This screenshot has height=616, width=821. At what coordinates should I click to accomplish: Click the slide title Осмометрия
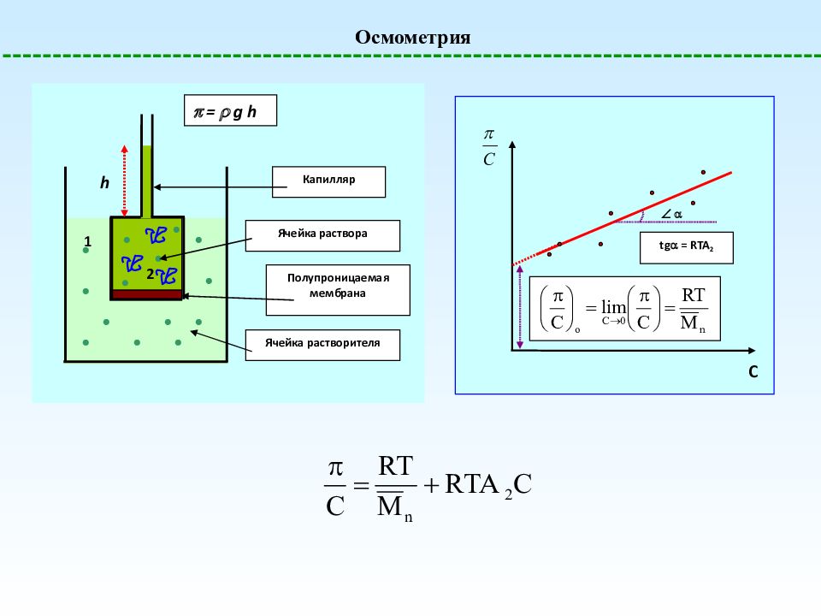[412, 37]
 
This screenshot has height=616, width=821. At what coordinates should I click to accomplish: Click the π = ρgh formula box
[230, 110]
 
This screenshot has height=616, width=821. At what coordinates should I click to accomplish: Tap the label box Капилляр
[328, 181]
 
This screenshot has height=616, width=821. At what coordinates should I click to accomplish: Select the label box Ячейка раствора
[322, 236]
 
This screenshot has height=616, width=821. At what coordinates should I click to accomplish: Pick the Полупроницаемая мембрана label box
[338, 290]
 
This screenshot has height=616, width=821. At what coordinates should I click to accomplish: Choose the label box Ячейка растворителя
[322, 345]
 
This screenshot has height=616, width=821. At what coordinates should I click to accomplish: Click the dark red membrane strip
[147, 294]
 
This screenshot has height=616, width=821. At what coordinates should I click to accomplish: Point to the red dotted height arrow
[125, 181]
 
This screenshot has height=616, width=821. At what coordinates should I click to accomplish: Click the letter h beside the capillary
[104, 182]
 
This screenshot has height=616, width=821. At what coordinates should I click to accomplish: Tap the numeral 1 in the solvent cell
[87, 241]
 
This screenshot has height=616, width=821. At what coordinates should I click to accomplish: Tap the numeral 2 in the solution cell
[150, 274]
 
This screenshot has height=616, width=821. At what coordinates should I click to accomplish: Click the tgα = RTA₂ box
[687, 248]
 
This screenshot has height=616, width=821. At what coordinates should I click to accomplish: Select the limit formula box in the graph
[624, 309]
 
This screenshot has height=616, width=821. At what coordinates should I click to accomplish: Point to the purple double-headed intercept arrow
[520, 307]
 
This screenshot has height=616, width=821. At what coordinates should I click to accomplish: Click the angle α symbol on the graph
[672, 214]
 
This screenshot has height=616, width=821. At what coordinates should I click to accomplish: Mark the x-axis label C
[753, 371]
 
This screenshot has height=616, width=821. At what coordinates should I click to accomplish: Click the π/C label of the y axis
[489, 148]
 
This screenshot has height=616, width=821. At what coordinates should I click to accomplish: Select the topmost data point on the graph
[703, 172]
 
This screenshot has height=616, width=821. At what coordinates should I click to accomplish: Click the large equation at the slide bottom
[428, 489]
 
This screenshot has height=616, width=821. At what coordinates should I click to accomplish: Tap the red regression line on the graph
[622, 219]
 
